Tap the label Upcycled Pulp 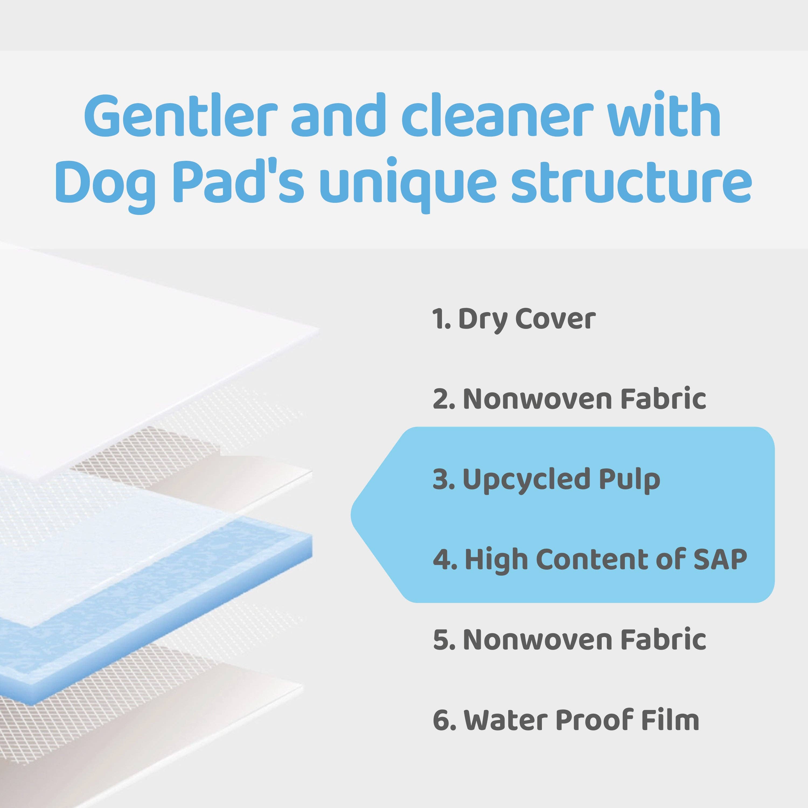pos(561,479)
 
